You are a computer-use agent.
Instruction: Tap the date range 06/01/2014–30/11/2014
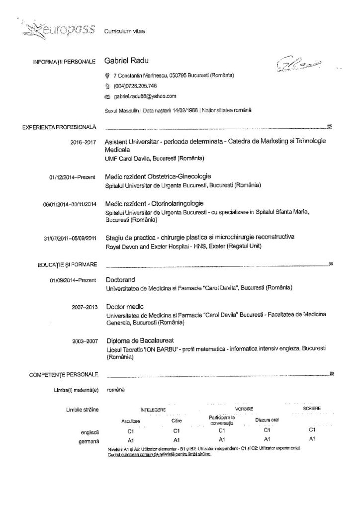70,204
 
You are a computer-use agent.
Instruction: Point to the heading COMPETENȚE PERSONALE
64,374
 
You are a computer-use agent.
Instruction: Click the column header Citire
171,421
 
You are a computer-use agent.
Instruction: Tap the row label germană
89,441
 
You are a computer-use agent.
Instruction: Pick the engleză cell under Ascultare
131,431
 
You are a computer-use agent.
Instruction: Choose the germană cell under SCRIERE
312,439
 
